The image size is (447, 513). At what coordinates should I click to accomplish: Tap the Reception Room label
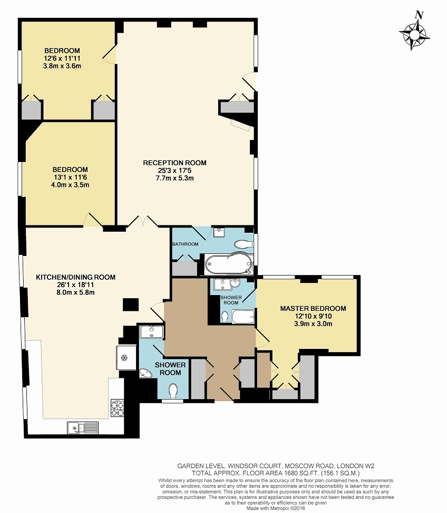[x=175, y=163]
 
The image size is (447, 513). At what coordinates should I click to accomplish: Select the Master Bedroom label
[x=313, y=309]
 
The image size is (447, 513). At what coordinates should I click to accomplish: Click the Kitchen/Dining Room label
[x=75, y=278]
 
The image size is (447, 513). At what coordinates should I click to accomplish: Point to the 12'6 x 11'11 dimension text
[x=62, y=58]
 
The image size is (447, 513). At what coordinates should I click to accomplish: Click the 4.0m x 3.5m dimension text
[x=70, y=185]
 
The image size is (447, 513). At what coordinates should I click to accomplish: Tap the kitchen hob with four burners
[x=118, y=408]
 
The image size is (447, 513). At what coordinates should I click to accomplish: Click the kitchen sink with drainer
[x=83, y=427]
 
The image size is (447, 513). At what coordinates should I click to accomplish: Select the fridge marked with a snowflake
[x=127, y=358]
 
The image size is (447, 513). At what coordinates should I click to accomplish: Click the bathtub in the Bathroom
[x=229, y=264]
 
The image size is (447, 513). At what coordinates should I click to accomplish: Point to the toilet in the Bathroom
[x=244, y=244]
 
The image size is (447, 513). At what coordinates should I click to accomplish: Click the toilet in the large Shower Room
[x=173, y=391]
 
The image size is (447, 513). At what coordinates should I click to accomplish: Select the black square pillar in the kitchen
[x=130, y=305]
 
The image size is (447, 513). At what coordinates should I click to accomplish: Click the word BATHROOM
[x=185, y=244]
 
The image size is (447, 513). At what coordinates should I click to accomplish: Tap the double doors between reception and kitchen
[x=143, y=222]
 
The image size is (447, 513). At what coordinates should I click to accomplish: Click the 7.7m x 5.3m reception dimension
[x=175, y=178]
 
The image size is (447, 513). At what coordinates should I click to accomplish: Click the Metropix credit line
[x=276, y=508]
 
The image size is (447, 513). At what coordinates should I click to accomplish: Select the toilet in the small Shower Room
[x=225, y=317]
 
